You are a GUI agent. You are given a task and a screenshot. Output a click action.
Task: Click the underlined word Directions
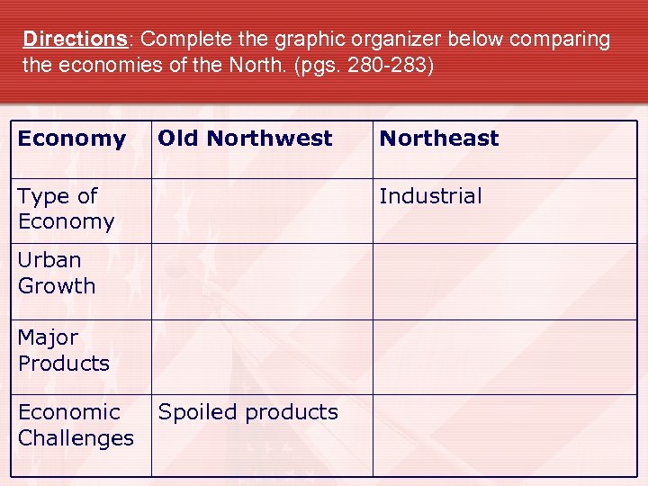pyautogui.click(x=76, y=40)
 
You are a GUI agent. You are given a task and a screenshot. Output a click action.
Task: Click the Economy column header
pyautogui.click(x=71, y=139)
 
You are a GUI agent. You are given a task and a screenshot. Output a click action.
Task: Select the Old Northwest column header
pyautogui.click(x=245, y=139)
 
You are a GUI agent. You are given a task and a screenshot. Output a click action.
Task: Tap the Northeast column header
pyautogui.click(x=438, y=139)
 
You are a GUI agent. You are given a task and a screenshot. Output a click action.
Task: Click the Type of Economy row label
pyautogui.click(x=66, y=209)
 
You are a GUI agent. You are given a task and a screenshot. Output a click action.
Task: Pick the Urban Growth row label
pyautogui.click(x=56, y=273)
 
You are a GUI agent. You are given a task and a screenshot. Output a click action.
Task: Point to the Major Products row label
pyautogui.click(x=63, y=350)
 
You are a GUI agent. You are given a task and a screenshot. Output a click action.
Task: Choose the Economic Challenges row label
pyautogui.click(x=76, y=425)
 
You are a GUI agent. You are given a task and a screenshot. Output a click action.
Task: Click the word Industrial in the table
pyautogui.click(x=430, y=196)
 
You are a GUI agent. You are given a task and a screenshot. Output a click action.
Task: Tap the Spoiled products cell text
pyautogui.click(x=247, y=412)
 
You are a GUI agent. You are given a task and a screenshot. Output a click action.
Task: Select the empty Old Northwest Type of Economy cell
pyautogui.click(x=262, y=211)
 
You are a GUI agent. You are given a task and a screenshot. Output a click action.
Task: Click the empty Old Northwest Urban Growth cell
pyautogui.click(x=262, y=281)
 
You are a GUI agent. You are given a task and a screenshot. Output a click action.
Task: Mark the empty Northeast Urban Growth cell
pyautogui.click(x=505, y=281)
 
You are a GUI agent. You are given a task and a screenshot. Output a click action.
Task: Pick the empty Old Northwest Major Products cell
pyautogui.click(x=262, y=356)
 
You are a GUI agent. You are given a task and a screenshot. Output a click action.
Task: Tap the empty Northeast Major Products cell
pyautogui.click(x=505, y=356)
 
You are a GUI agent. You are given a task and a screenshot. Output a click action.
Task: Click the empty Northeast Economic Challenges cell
pyautogui.click(x=505, y=435)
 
